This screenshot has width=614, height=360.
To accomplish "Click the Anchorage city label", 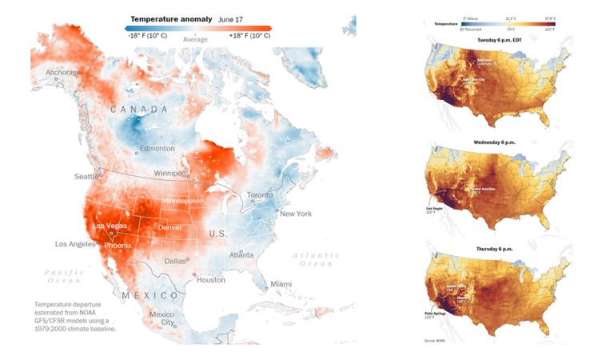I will [x=62, y=73].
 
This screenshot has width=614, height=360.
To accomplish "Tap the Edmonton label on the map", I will [x=156, y=149].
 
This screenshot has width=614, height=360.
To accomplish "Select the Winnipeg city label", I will [x=168, y=173].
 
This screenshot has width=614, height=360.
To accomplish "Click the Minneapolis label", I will [x=183, y=201].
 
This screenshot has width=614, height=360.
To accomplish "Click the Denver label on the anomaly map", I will [x=169, y=227].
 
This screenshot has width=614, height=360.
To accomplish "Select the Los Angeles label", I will [x=76, y=244].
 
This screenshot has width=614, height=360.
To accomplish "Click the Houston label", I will [x=211, y=280].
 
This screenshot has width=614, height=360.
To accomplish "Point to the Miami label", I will [x=281, y=284].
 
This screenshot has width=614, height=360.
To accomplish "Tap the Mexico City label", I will [x=161, y=318].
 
